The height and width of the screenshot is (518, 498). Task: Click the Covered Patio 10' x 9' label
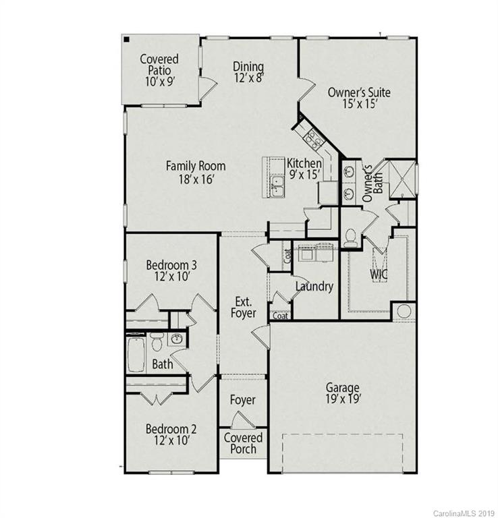click(x=160, y=70)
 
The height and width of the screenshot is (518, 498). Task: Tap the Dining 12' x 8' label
click(x=248, y=71)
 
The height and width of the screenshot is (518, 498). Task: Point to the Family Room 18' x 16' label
click(x=196, y=172)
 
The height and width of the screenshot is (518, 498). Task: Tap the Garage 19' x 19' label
click(x=343, y=393)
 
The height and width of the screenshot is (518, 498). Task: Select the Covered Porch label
click(x=243, y=442)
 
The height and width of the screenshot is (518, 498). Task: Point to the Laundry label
click(x=314, y=287)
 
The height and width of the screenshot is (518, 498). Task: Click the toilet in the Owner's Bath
click(x=350, y=237)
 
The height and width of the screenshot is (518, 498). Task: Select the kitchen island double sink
click(x=277, y=183)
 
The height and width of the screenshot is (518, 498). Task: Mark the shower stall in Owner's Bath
click(x=399, y=177)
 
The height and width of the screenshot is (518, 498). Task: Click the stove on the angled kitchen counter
click(x=314, y=138)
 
